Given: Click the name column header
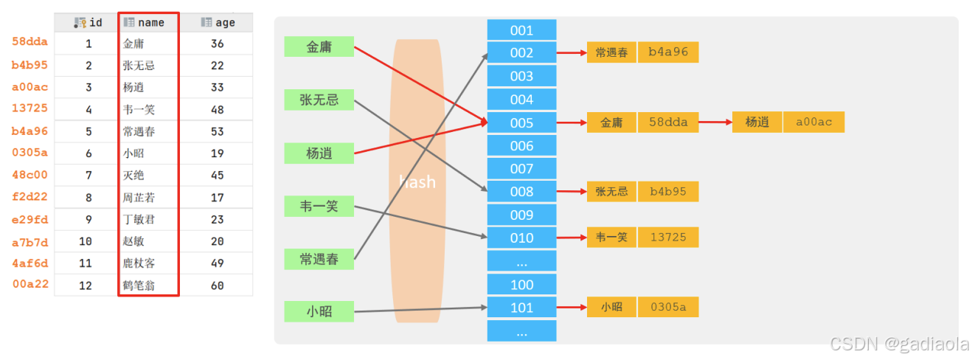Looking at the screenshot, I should coord(148,22).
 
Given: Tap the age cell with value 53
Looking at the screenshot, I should coord(217,131).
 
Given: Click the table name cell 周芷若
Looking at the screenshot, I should coord(139,198).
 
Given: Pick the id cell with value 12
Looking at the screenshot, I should coord(86,285).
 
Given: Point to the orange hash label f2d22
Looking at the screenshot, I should coord(29,197).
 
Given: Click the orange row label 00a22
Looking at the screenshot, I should coord(29,284).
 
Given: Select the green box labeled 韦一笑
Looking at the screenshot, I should coord(319,206).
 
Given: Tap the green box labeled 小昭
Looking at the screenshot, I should coord(319,311).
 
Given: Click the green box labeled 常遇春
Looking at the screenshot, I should coord(319,259).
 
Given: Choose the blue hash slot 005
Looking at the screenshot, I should coord(521,122).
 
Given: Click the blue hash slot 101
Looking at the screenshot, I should coord(521,308).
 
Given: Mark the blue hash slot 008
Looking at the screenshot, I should coord(521,192).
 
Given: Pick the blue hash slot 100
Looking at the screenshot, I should coord(521,285).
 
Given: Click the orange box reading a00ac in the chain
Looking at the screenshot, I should coord(813,122).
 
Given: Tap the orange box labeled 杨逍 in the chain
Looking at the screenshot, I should coord(757,122).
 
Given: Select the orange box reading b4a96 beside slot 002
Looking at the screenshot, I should coord(668,52).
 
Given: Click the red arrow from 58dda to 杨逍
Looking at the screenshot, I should coord(714,122).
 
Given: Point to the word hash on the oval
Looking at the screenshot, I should coord(417,181).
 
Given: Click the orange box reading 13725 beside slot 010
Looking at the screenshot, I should coord(668,238).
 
